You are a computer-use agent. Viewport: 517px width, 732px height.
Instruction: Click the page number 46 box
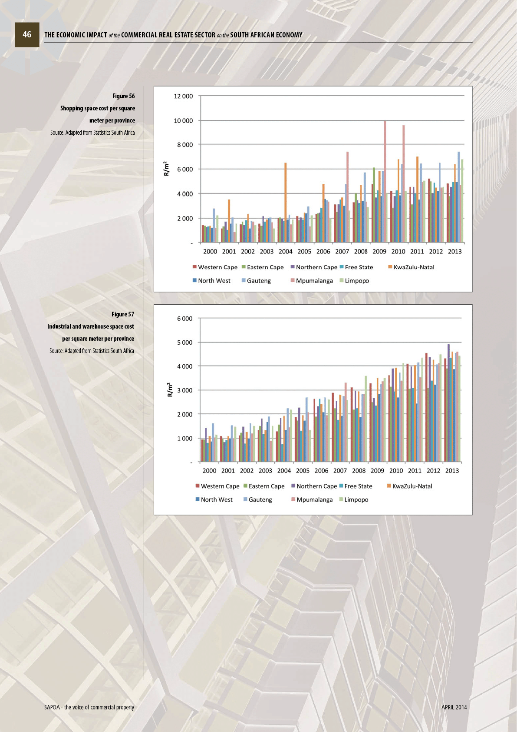pyautogui.click(x=27, y=35)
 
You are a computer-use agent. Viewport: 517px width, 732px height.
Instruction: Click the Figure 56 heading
pyautogui.click(x=123, y=96)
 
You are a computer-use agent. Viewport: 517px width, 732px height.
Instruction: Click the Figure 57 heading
pyautogui.click(x=123, y=314)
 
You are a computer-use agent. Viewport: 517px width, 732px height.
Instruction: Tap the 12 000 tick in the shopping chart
pyautogui.click(x=183, y=96)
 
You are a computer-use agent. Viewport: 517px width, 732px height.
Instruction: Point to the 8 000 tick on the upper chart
pyautogui.click(x=185, y=145)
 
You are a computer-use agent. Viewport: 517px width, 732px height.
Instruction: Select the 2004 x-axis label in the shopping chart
pyautogui.click(x=285, y=251)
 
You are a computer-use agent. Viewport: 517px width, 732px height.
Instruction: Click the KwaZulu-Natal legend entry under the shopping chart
pyautogui.click(x=414, y=267)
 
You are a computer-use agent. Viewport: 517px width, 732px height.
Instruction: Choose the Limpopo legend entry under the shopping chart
pyautogui.click(x=356, y=280)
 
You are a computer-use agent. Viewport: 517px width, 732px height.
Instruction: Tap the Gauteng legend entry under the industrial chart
pyautogui.click(x=260, y=499)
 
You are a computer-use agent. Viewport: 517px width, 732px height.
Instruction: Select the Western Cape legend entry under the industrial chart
pyautogui.click(x=220, y=486)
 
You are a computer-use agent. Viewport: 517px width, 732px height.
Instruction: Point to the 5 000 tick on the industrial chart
pyautogui.click(x=184, y=343)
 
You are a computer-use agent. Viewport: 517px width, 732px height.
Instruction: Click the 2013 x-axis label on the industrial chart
pyautogui.click(x=452, y=470)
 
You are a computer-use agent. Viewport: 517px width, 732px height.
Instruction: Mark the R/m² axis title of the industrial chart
pyautogui.click(x=170, y=389)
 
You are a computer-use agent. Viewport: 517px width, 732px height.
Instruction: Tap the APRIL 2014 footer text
pyautogui.click(x=454, y=707)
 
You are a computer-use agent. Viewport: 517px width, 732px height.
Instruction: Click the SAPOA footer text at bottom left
pyautogui.click(x=89, y=707)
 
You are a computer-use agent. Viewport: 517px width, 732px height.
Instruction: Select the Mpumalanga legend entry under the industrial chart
pyautogui.click(x=314, y=499)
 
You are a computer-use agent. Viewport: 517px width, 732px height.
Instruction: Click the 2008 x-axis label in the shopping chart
pyautogui.click(x=361, y=251)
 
